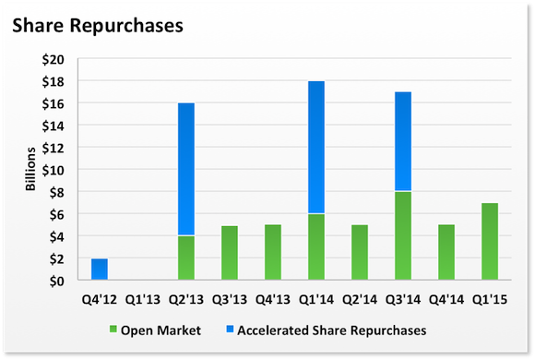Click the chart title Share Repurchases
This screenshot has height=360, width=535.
click(x=97, y=25)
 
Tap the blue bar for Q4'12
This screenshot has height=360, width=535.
click(x=100, y=270)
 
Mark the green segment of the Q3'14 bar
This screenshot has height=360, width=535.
click(x=403, y=236)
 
